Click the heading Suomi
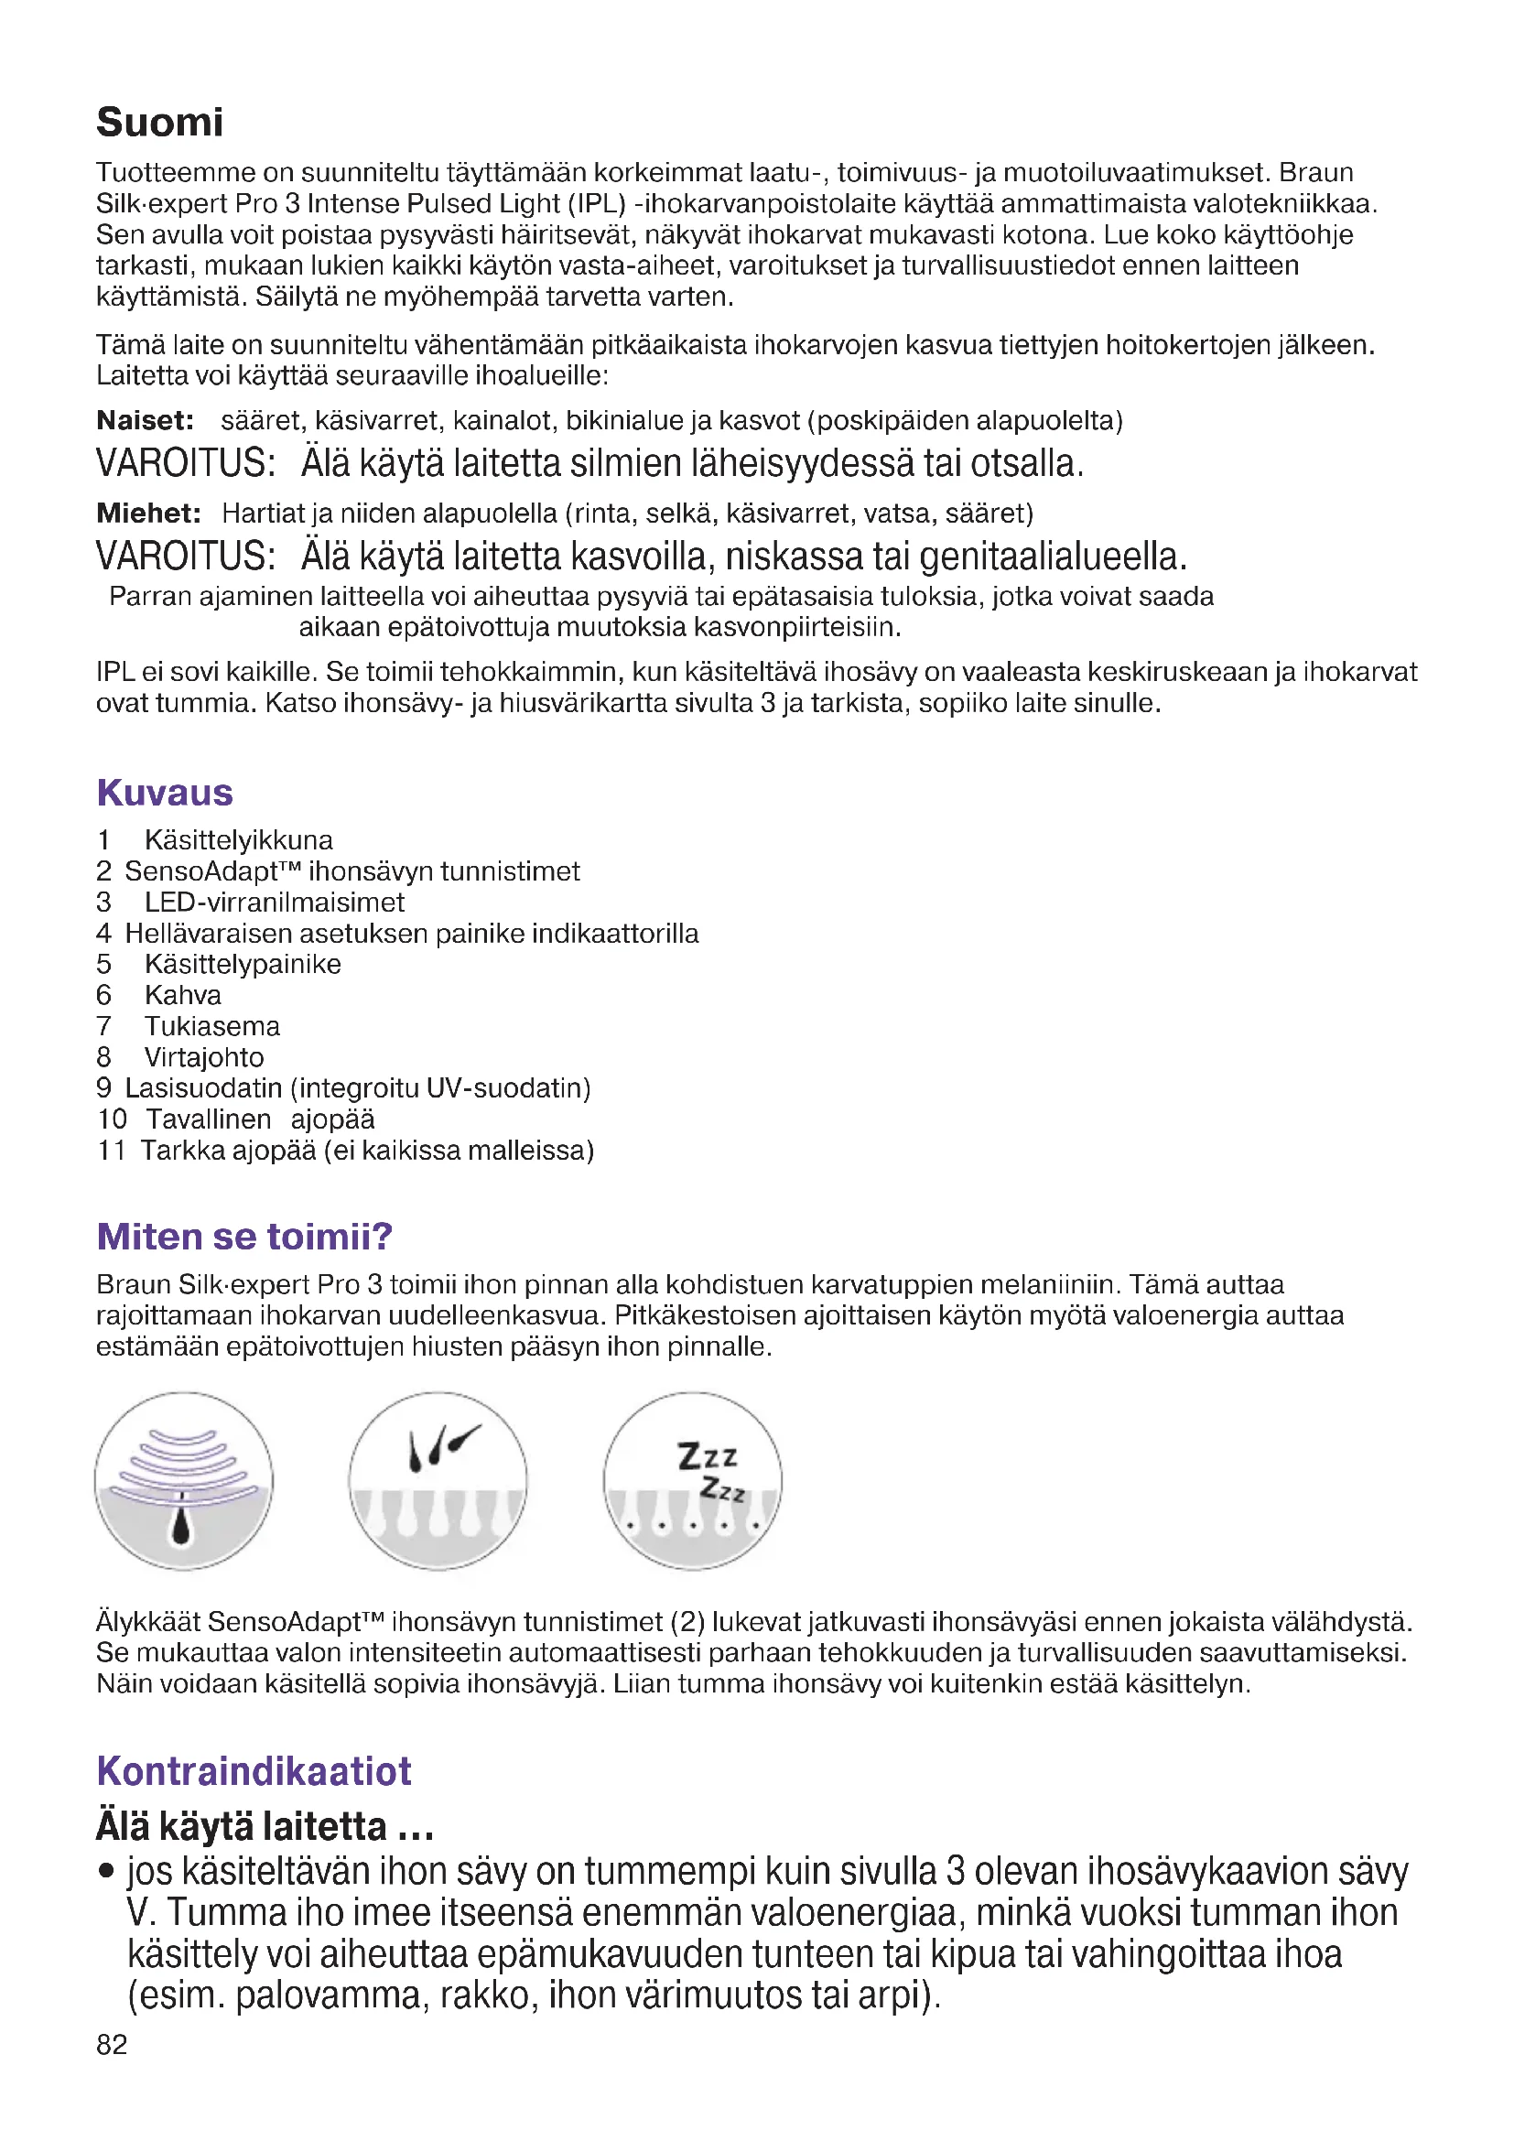click(159, 122)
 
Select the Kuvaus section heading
click(164, 793)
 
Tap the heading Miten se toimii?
click(244, 1237)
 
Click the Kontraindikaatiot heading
click(254, 1771)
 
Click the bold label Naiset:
click(145, 420)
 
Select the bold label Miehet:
click(148, 514)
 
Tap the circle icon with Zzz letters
click(692, 1481)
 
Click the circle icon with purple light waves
click(184, 1481)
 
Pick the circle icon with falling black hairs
click(438, 1481)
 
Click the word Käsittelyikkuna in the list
click(239, 840)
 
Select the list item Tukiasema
click(211, 1027)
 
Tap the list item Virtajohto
click(204, 1057)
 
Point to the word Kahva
click(183, 995)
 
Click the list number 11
click(111, 1151)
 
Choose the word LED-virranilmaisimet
click(274, 903)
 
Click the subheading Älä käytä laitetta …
click(265, 1826)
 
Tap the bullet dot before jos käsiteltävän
click(107, 1871)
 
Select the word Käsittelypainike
click(243, 964)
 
